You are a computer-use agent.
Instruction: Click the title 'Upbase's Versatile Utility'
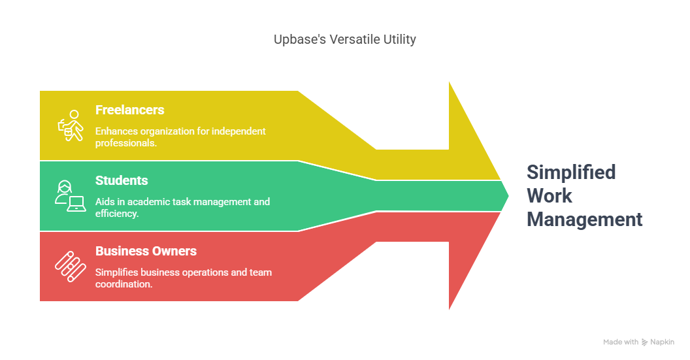[344, 40]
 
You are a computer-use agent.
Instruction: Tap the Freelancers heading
[130, 110]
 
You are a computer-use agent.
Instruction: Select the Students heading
[122, 180]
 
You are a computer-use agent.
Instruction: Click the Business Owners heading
[146, 251]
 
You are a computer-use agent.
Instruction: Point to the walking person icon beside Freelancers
[71, 125]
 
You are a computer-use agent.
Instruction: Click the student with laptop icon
[70, 196]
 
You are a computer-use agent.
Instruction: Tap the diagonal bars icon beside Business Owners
[71, 267]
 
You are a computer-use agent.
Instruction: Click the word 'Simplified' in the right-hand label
[571, 172]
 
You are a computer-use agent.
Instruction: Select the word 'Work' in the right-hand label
[549, 196]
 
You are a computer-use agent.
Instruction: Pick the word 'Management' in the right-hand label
[584, 219]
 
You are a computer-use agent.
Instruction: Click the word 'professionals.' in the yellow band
[126, 143]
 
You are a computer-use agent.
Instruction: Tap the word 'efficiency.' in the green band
[117, 214]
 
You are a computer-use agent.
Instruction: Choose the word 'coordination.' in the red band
[124, 284]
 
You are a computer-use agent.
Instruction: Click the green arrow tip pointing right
[508, 196]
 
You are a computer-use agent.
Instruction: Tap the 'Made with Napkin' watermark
[638, 342]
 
